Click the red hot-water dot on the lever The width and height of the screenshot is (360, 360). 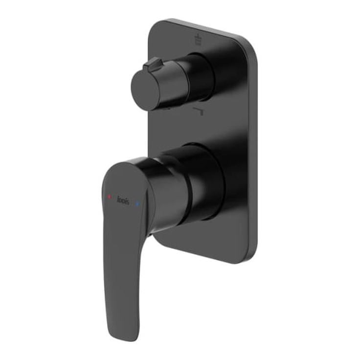(109, 198)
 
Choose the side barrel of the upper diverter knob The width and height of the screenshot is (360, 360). (171, 81)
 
